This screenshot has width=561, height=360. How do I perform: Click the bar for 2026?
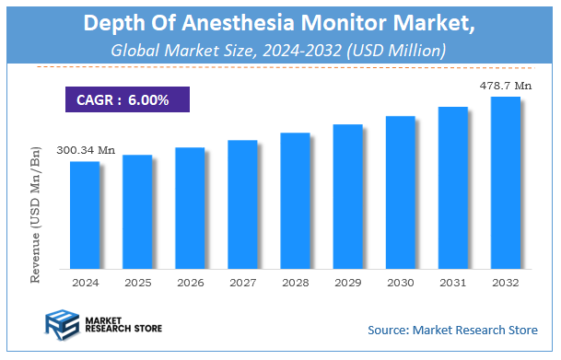190,207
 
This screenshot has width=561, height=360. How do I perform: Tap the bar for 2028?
295,200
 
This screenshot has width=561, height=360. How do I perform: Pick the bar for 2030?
400,192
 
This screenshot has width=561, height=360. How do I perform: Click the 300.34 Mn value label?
86,150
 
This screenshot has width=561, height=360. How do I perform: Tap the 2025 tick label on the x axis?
137,283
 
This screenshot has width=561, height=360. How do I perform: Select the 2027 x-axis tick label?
242,283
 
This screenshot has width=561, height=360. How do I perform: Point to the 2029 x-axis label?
347,283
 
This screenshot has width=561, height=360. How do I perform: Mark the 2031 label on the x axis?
452,283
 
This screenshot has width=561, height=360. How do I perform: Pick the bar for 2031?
452,187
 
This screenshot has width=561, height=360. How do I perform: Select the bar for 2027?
242,203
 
